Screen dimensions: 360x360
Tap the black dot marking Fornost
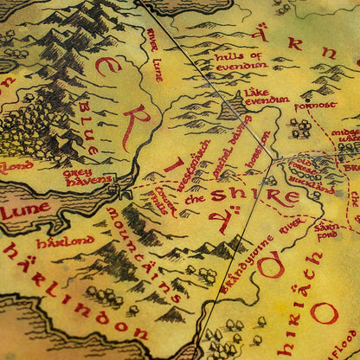[305, 99]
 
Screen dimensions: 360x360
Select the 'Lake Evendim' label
[266, 95]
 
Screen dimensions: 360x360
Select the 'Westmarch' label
[195, 161]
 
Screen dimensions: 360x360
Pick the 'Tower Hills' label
[163, 199]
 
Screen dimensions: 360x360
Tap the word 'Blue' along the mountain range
[88, 121]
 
